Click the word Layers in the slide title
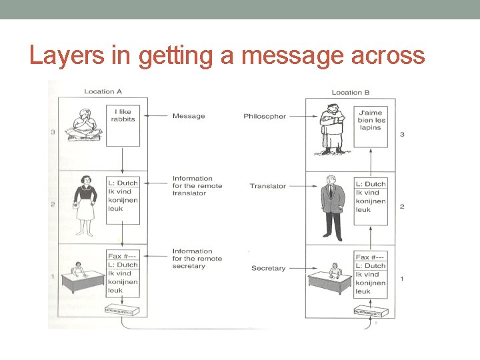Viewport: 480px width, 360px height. point(67,56)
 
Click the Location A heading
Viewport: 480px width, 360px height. point(103,91)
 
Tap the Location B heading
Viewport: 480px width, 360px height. point(351,93)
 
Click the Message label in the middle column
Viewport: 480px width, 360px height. point(189,116)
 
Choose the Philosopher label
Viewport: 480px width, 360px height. point(265,116)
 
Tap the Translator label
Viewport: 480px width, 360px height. point(268,186)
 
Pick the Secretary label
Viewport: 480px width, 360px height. point(268,268)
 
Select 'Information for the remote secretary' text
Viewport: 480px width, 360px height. point(197,259)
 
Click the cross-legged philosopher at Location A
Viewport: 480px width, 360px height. point(85,125)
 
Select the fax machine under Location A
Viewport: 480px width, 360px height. point(123,310)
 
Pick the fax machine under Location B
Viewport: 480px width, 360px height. point(370,311)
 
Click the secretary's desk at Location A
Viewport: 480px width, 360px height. point(81,281)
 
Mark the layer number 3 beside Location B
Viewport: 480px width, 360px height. point(402,135)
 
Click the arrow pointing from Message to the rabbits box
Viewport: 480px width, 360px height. point(157,116)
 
